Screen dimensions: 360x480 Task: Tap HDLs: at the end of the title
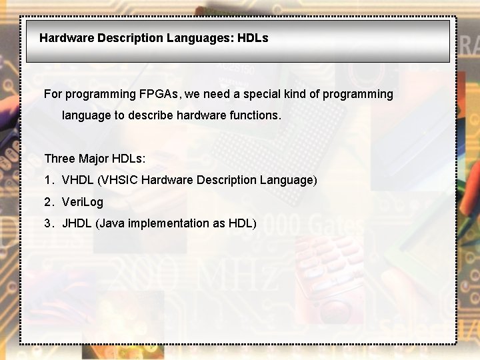(x=253, y=38)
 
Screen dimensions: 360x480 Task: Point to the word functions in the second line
(x=255, y=115)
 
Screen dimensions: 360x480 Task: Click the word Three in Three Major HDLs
(x=59, y=159)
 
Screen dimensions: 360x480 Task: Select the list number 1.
(x=48, y=180)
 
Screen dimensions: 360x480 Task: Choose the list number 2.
(x=48, y=201)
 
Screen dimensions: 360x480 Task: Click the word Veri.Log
(x=82, y=201)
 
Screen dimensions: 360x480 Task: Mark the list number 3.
(x=48, y=223)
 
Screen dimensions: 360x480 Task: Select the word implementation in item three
(x=167, y=223)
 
